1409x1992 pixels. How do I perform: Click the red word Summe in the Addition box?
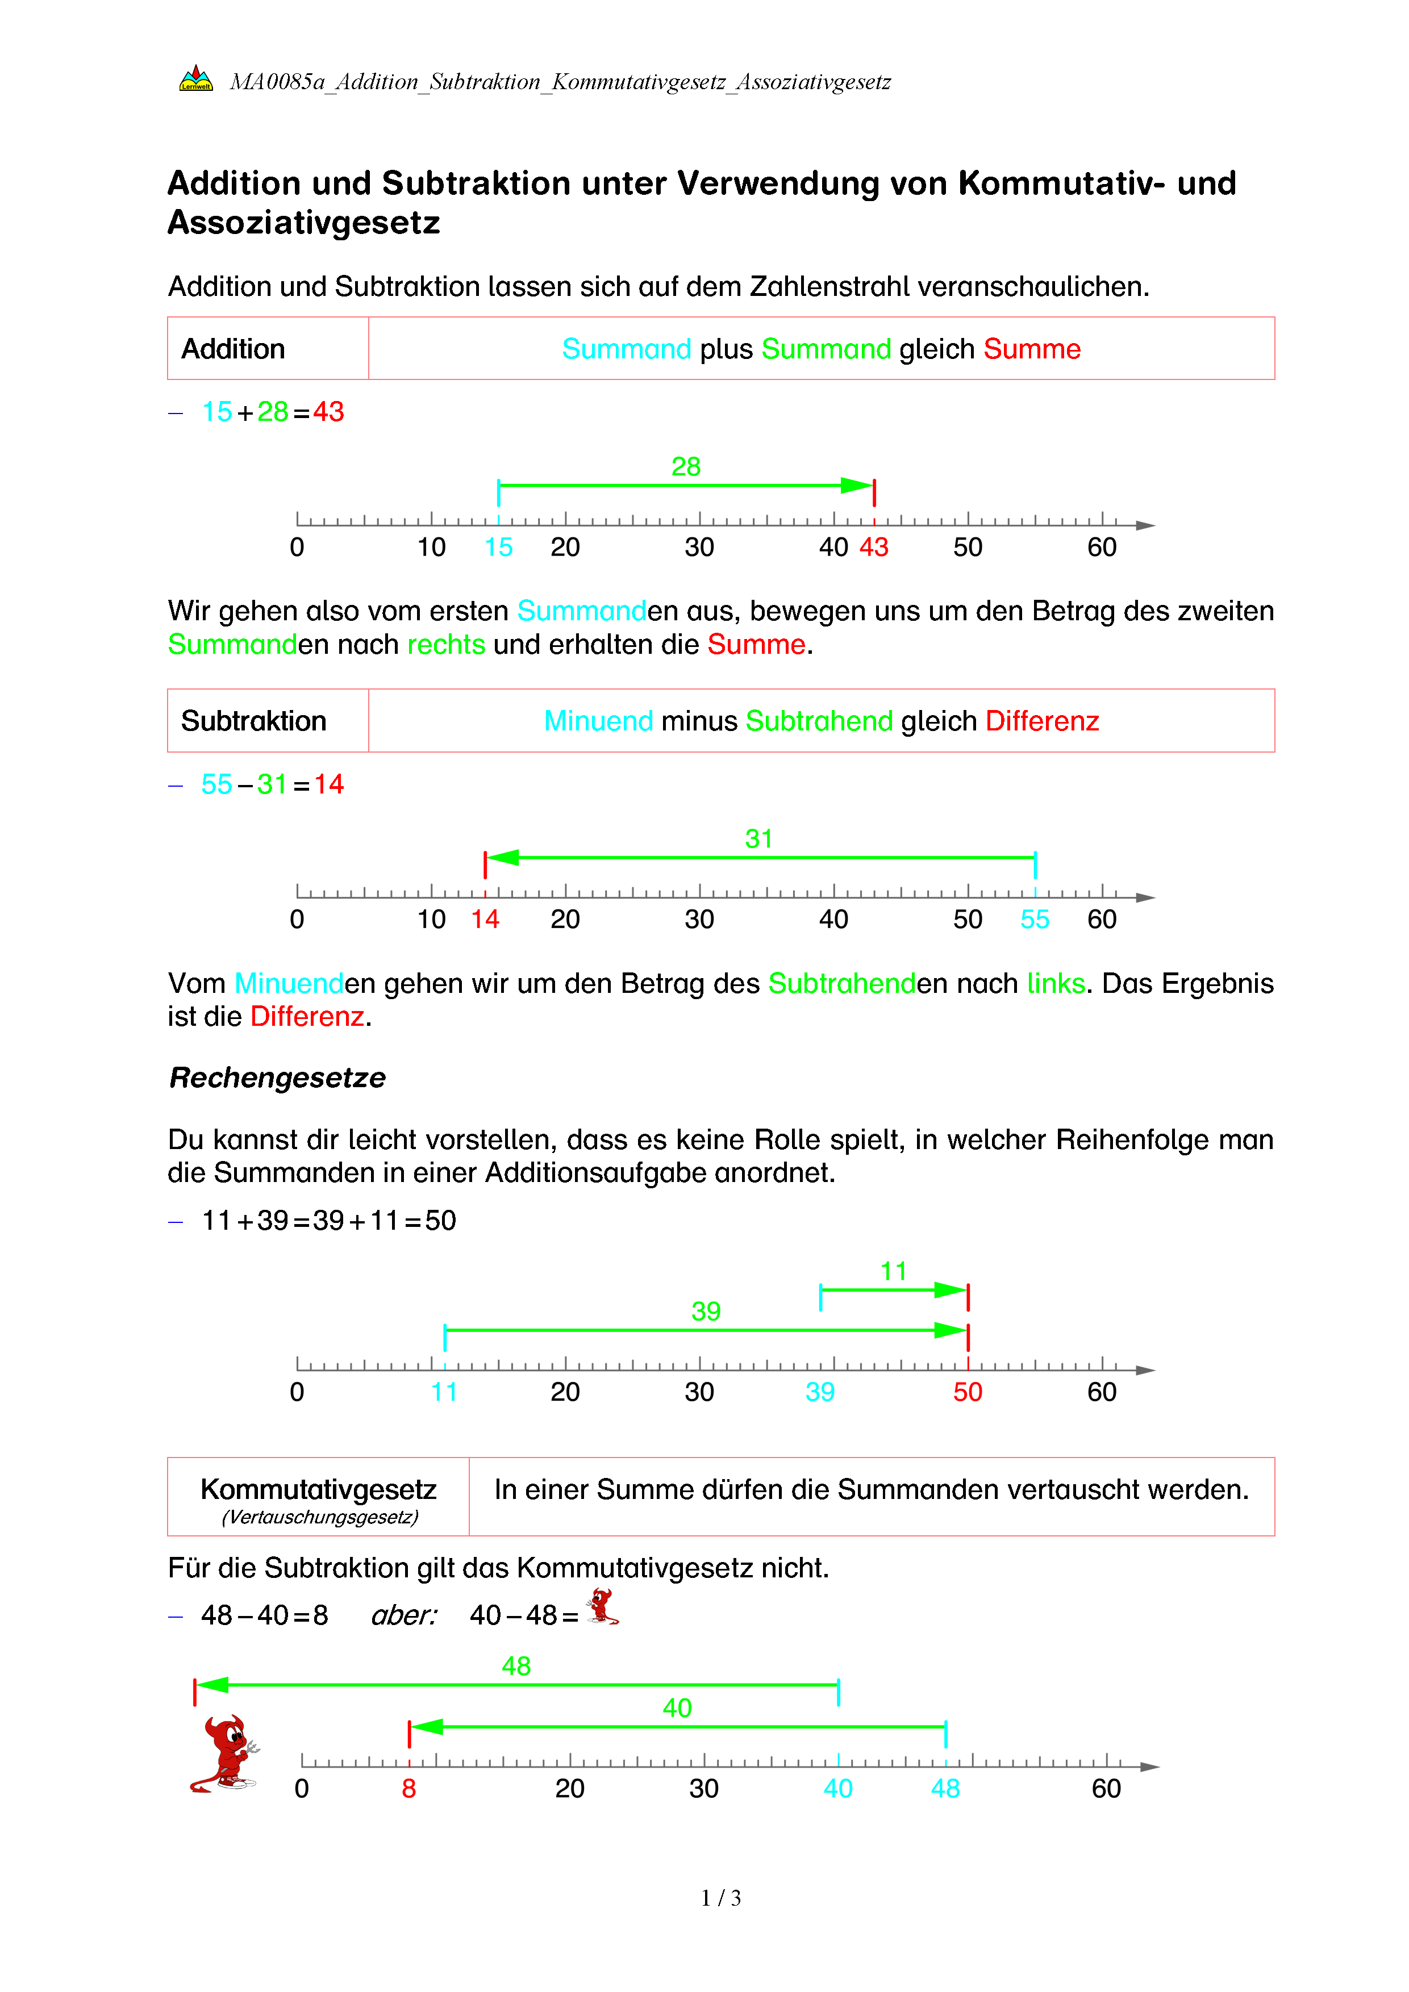coord(1032,349)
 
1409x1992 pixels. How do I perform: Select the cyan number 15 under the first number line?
coord(498,548)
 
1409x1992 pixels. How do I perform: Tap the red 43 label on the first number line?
coord(874,548)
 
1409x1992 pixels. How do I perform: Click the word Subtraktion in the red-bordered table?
coord(253,721)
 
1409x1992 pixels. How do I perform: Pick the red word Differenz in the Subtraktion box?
coord(1042,721)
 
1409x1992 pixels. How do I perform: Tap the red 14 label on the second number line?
coord(485,920)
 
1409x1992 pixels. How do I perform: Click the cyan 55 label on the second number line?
coord(1035,920)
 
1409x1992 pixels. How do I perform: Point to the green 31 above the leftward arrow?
coord(758,839)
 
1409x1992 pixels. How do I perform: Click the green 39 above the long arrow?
coord(706,1311)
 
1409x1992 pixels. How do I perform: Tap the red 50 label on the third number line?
coord(968,1393)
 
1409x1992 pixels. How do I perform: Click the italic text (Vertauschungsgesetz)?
coord(319,1517)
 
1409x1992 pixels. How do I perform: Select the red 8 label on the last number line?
coord(408,1789)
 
